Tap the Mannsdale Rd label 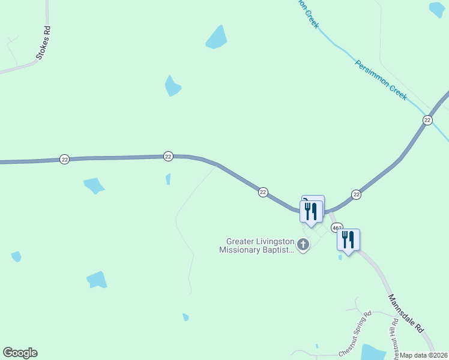(x=406, y=314)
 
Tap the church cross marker (x=303, y=244)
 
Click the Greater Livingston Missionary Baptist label (x=256, y=245)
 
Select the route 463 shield (x=336, y=228)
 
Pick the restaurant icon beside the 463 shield (x=348, y=239)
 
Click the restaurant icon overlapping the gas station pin (x=311, y=211)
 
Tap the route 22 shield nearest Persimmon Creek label (x=427, y=120)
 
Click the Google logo (x=20, y=352)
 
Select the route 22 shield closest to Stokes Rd (x=65, y=159)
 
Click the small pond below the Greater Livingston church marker (x=340, y=257)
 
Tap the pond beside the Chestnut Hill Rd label (x=373, y=352)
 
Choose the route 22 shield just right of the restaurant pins (x=356, y=194)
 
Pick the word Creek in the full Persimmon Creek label (x=396, y=91)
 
